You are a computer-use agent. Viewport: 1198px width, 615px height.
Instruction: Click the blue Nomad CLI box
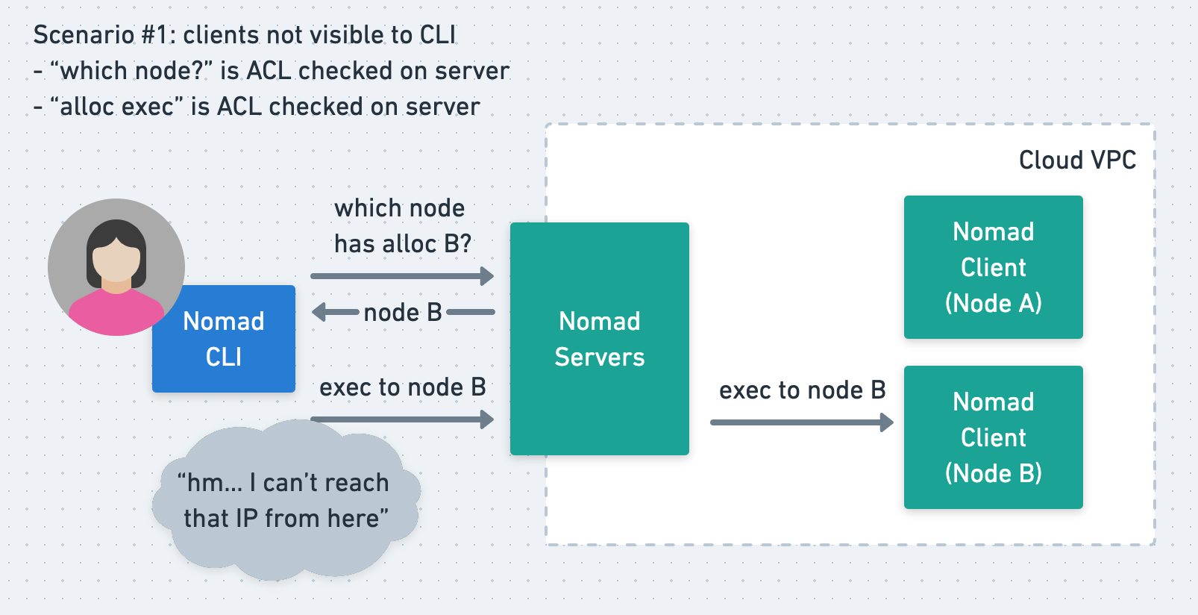(224, 340)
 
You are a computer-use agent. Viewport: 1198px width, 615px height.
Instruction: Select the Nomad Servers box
(599, 339)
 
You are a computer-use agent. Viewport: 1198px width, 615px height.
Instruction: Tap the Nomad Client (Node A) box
(993, 267)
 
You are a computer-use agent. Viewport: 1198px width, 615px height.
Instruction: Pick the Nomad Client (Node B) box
(993, 437)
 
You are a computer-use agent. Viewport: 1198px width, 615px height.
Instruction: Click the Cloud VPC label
(1076, 160)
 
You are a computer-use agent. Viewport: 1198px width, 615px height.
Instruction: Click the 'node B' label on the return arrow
(402, 312)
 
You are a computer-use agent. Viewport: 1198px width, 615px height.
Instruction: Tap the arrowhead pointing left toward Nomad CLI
(319, 312)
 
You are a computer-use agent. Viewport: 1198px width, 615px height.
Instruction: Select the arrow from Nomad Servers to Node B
(801, 422)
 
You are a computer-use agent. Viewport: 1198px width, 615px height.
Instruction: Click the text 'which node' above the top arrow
(399, 208)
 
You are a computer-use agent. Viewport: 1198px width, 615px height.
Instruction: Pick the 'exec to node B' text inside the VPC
(802, 390)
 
